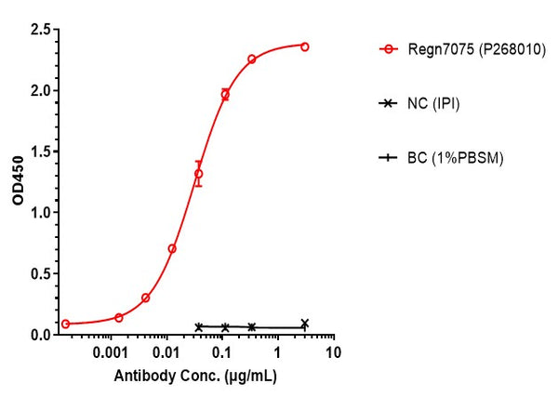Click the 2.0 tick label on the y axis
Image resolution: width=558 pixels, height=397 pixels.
(39, 91)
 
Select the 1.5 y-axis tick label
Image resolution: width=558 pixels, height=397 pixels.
(39, 152)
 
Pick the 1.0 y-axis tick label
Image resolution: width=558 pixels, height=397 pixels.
(39, 213)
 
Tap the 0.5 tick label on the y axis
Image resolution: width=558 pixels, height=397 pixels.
(39, 273)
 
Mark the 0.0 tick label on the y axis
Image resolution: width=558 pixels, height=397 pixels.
(39, 335)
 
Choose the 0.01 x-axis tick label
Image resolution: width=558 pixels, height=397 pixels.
(168, 354)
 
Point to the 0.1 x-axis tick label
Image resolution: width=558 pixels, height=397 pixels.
(222, 354)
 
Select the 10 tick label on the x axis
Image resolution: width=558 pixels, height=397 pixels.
(333, 354)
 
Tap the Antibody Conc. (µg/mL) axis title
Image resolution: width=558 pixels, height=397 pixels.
(195, 377)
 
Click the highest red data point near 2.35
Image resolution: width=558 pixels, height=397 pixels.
(305, 46)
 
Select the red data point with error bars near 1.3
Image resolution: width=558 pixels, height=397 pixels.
(198, 174)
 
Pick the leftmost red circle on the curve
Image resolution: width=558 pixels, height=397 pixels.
(65, 324)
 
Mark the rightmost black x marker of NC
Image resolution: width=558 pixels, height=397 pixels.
(305, 324)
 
